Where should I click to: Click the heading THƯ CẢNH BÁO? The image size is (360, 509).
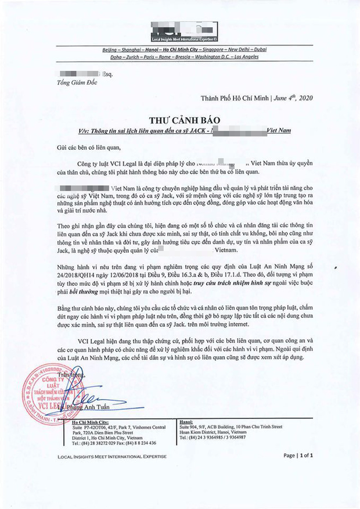(x=181, y=119)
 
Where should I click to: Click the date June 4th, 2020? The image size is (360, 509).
(x=294, y=98)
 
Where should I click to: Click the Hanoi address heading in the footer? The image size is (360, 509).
(x=187, y=422)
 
